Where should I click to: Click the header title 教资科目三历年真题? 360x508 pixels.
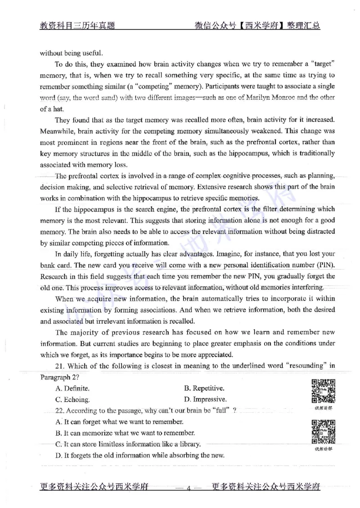click(x=77, y=26)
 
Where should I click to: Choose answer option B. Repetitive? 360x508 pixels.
click(x=205, y=388)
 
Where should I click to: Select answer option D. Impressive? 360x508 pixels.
click(x=206, y=399)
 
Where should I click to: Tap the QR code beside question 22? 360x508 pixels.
click(x=323, y=431)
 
